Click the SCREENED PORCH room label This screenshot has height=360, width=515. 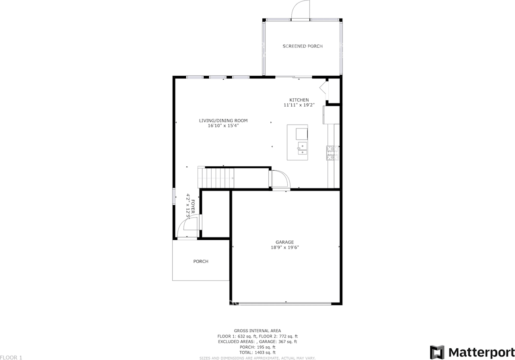pos(302,46)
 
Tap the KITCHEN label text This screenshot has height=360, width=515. pos(299,100)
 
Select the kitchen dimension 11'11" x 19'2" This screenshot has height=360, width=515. pos(299,105)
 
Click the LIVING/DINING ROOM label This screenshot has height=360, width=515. pos(223,121)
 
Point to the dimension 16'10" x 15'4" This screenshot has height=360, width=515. pos(223,126)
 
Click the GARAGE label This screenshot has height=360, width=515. pos(284,242)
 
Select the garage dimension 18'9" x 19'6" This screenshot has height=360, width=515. pos(284,247)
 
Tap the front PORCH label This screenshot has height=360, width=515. pos(201,261)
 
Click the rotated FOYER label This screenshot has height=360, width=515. pos(193,207)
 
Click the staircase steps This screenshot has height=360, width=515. pos(216,178)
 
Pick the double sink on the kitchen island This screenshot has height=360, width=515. pos(302,149)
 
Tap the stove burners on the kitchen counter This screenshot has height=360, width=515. pos(333,153)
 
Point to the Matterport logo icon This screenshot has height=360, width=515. pos(437,352)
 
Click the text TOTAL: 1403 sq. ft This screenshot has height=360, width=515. pos(257,352)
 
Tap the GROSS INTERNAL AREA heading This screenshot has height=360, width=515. pos(257,331)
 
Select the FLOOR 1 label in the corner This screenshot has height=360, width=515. pos(11,358)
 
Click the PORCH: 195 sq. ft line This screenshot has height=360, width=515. pos(257,347)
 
